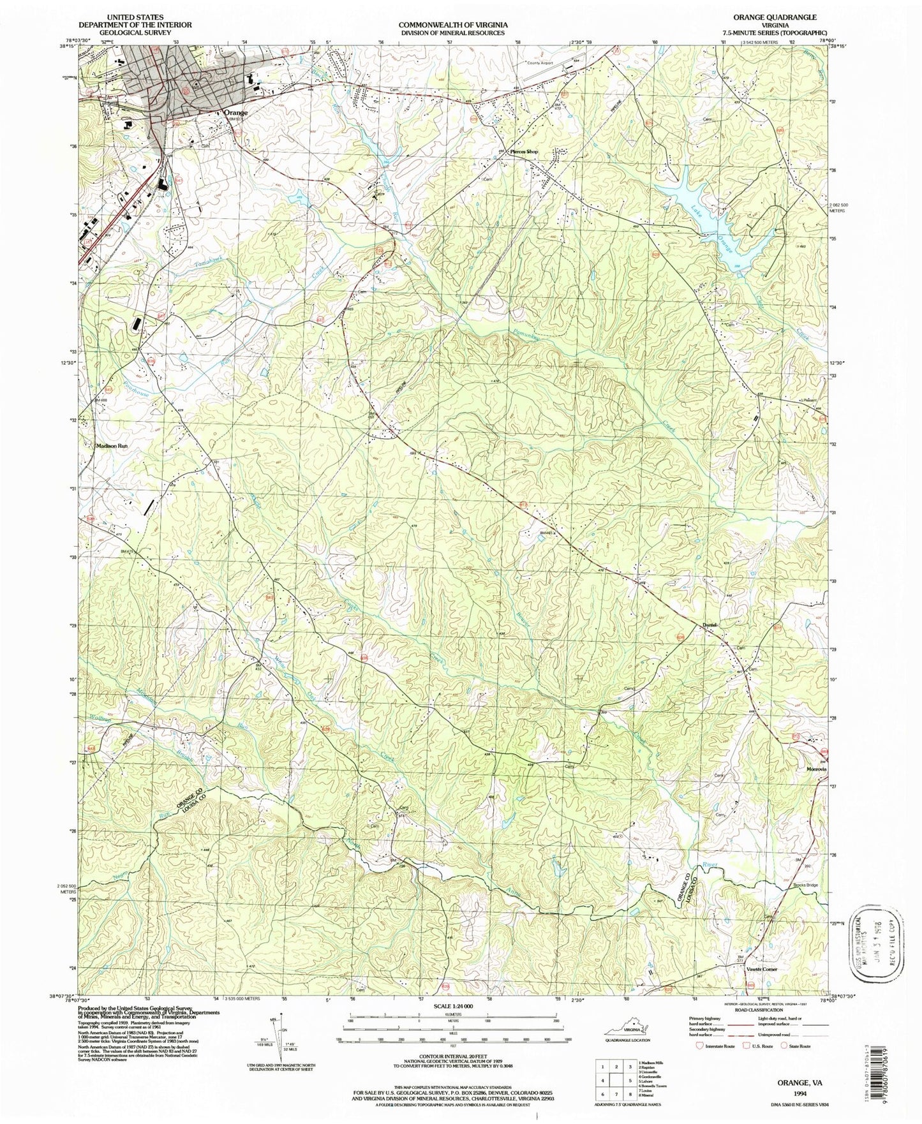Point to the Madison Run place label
click(113, 447)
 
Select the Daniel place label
click(710, 625)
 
